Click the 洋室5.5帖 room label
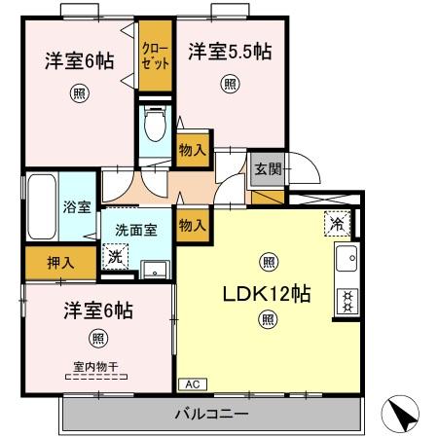tap(229, 53)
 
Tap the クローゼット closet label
tap(155, 53)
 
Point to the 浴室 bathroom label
tap(78, 207)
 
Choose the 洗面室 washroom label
tap(135, 232)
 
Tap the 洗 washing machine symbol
tap(116, 258)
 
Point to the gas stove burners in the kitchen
tap(347, 300)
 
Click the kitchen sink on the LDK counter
tap(347, 260)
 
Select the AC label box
tap(191, 384)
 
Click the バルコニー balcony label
tap(212, 415)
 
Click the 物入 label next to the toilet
tap(192, 151)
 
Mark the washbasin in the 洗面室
tap(154, 269)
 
